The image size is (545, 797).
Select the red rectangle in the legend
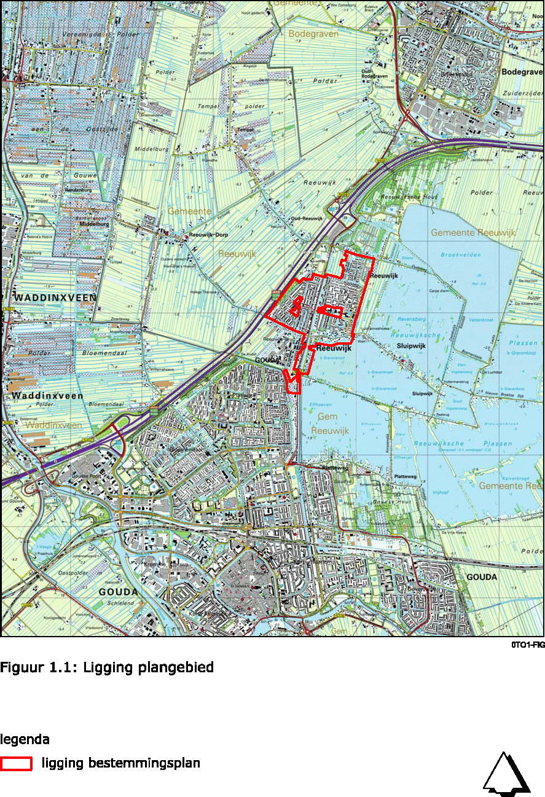coord(16,764)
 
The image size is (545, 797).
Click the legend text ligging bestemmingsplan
coord(120,763)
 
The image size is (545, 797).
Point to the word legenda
coord(25,739)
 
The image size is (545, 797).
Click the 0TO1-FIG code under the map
coord(527,645)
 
